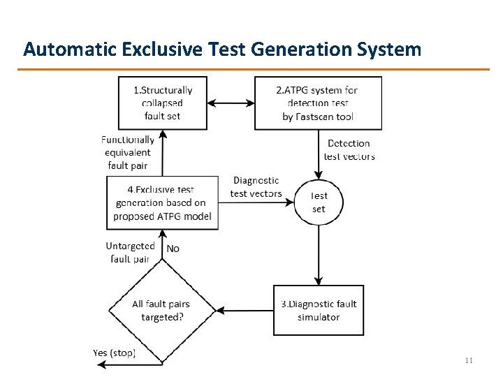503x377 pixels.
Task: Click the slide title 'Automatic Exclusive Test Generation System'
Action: (x=222, y=49)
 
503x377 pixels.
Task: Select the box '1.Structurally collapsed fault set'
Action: (x=163, y=103)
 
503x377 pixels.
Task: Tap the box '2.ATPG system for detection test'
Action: (x=318, y=103)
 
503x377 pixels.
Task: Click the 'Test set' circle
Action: (x=319, y=202)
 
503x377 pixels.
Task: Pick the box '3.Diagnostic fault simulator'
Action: (x=319, y=311)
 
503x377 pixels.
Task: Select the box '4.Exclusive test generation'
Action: (x=162, y=202)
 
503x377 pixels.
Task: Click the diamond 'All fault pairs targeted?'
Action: (x=161, y=311)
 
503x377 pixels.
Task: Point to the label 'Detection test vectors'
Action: (x=349, y=149)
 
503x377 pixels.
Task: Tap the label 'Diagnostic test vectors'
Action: (x=256, y=187)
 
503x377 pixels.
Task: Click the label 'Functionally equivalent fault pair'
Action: (x=127, y=152)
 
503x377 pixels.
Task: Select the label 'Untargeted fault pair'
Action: (x=130, y=252)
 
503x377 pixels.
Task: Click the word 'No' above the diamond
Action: (x=173, y=249)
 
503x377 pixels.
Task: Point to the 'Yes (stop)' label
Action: (x=114, y=353)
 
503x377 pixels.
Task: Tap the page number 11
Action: (x=468, y=360)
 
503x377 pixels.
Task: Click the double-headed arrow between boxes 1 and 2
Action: (x=231, y=103)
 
